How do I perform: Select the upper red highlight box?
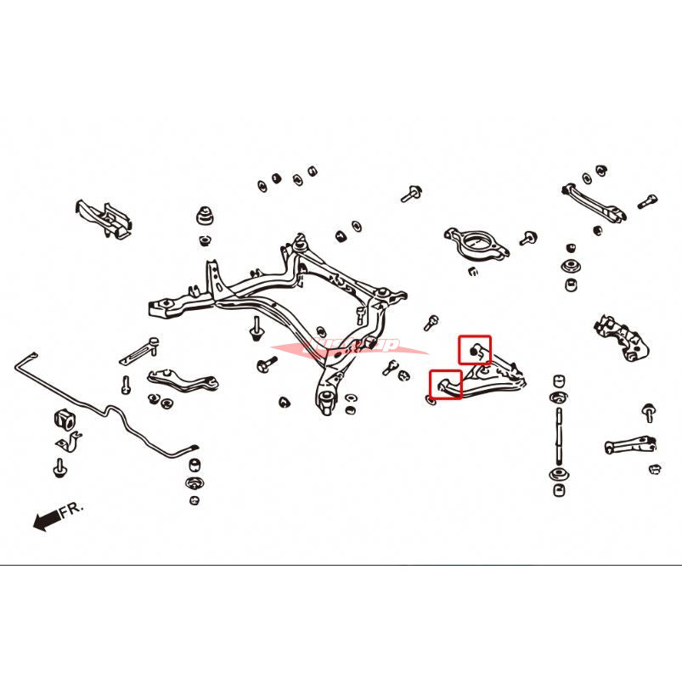[475, 349]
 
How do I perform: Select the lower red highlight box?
[445, 385]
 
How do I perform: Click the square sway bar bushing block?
[64, 419]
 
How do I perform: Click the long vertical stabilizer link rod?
[558, 433]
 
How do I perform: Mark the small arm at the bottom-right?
[632, 444]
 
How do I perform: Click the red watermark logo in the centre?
[348, 347]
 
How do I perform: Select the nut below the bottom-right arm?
[655, 469]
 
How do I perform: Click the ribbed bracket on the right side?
[624, 337]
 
